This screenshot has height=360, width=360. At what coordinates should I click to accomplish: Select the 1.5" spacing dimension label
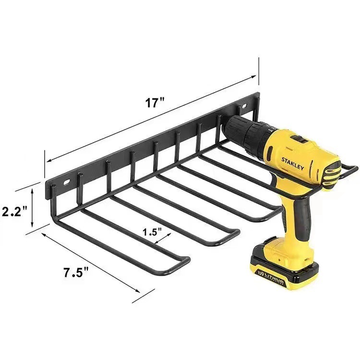coord(152,232)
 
